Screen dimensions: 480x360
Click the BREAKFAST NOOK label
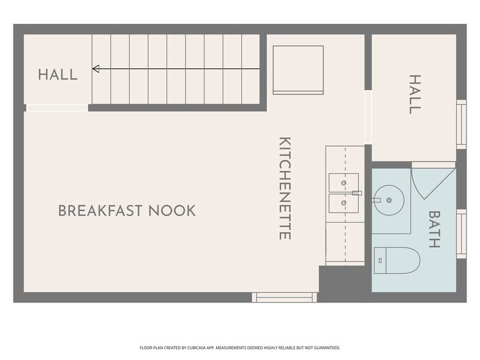[127, 211]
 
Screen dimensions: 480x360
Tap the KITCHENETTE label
[285, 188]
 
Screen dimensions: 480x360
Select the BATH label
[434, 229]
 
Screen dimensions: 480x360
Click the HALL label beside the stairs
[58, 75]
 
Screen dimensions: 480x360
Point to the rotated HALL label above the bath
[415, 94]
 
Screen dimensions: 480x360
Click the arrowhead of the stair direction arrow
[96, 69]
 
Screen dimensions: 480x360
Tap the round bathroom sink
[389, 200]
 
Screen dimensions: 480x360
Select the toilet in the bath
[397, 261]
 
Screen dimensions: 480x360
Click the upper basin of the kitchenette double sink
[343, 182]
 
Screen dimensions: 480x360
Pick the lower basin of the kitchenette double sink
[343, 203]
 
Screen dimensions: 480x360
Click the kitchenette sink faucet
[357, 193]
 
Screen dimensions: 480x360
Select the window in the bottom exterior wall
[284, 298]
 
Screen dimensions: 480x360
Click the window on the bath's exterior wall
[462, 234]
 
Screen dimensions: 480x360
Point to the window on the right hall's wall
[462, 124]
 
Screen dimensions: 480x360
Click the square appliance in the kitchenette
[298, 70]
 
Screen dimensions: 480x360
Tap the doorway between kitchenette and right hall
[368, 117]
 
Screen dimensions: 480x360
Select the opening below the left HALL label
[58, 108]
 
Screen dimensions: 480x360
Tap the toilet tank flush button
[380, 261]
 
